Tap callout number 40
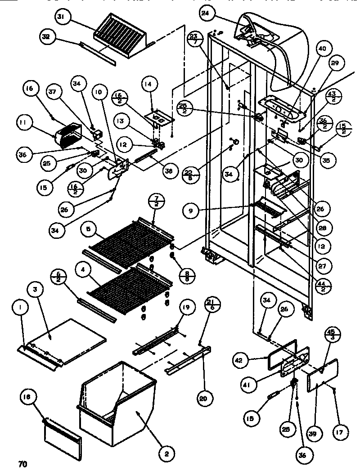tap(324, 49)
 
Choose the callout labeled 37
tap(54, 92)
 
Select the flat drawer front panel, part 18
tap(63, 435)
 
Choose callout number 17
tap(339, 432)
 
